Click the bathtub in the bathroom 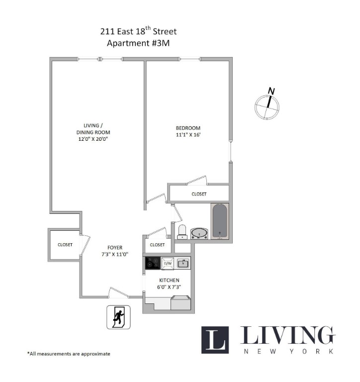(x=220, y=221)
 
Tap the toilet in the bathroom (x=182, y=232)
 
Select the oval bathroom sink (x=199, y=233)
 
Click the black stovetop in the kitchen (x=153, y=263)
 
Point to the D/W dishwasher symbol (x=168, y=263)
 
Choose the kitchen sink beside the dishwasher (x=183, y=263)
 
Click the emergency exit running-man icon (x=119, y=317)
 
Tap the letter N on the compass (x=271, y=91)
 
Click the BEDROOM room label (x=188, y=128)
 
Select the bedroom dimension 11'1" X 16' (x=188, y=135)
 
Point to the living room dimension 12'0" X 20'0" (x=93, y=139)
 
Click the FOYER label (x=115, y=248)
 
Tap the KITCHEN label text (x=169, y=280)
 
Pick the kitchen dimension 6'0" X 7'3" (x=169, y=287)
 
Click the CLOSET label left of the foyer (x=65, y=245)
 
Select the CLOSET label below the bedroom (x=199, y=194)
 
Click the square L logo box (x=215, y=340)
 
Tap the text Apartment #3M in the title (x=138, y=43)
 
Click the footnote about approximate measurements (x=69, y=354)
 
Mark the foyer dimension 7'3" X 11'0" (x=115, y=254)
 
